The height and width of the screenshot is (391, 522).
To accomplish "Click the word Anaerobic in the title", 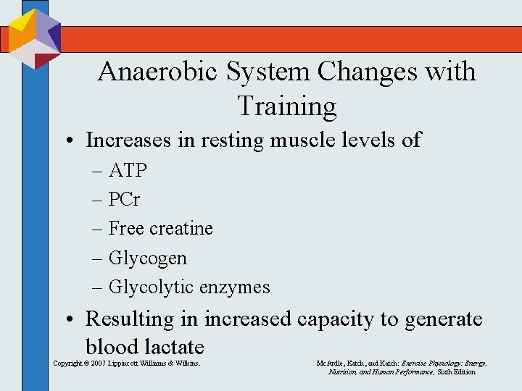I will (154, 72).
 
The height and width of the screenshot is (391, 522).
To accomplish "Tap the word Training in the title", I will (286, 106).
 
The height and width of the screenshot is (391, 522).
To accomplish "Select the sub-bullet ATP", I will (128, 170).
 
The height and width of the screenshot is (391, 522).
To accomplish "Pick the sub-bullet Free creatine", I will (160, 228).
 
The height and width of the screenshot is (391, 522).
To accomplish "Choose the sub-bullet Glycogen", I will (147, 258).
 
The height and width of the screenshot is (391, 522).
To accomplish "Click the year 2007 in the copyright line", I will (101, 363).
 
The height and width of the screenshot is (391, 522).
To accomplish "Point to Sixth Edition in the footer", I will (456, 371).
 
